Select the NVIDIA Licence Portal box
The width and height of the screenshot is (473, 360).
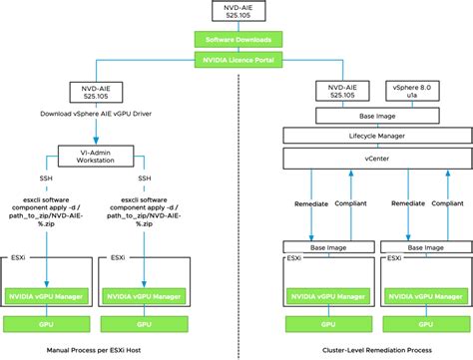coord(236,61)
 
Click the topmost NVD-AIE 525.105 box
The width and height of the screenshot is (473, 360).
coord(236,14)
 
